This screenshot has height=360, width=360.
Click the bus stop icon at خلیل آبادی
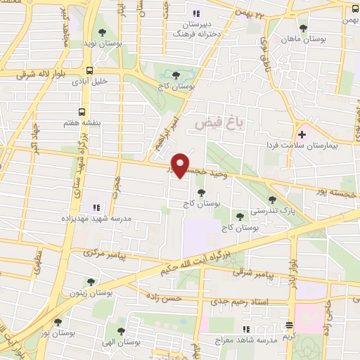(x=89, y=70)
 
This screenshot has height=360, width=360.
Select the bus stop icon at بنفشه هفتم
(x=82, y=112)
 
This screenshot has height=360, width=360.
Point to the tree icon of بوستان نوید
(x=103, y=32)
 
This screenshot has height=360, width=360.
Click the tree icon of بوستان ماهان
(x=303, y=29)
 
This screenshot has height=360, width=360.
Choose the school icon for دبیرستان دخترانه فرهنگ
(x=196, y=13)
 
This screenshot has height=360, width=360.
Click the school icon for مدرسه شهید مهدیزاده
(x=96, y=207)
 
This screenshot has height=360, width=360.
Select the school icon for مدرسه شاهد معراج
(x=245, y=329)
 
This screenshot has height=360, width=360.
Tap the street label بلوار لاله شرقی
(x=29, y=72)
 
